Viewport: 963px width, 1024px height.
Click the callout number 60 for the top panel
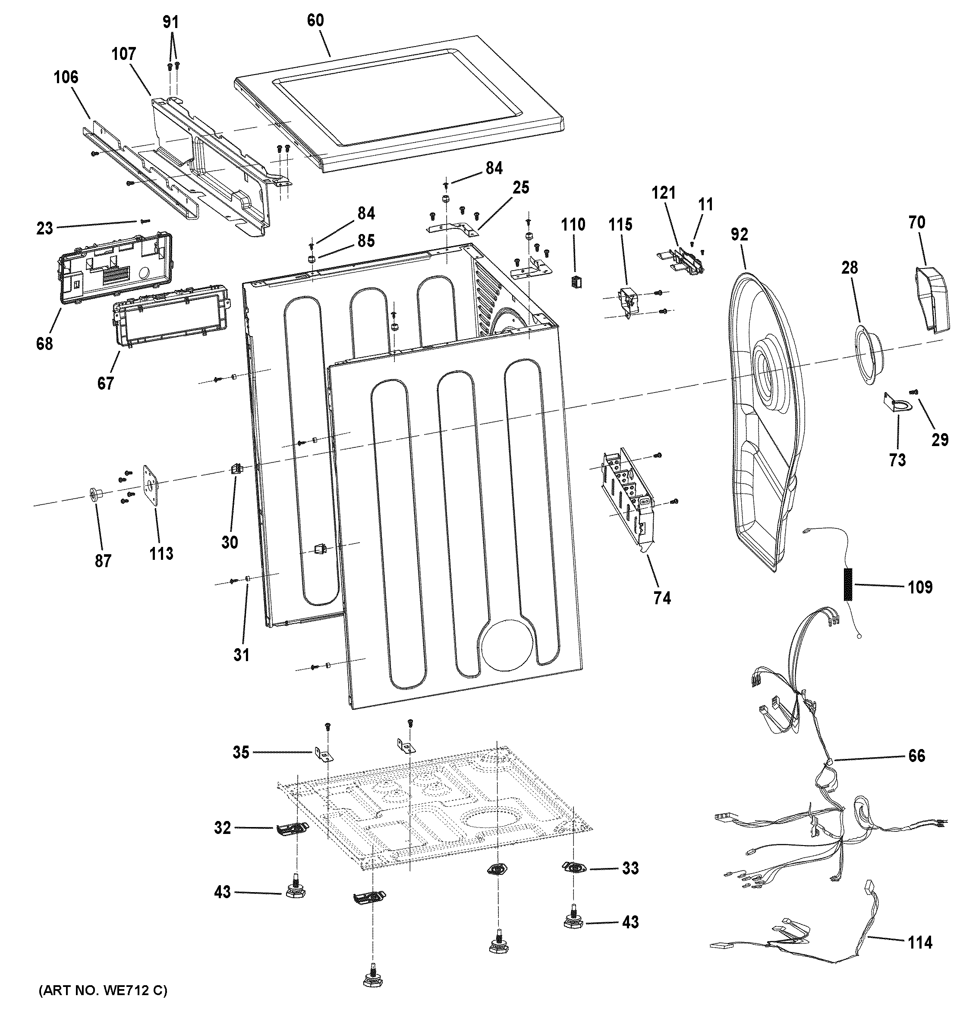pyautogui.click(x=315, y=21)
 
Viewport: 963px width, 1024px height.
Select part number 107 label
pyautogui.click(x=124, y=54)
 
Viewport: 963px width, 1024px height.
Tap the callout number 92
pyautogui.click(x=739, y=234)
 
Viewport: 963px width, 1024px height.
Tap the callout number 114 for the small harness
pyautogui.click(x=920, y=943)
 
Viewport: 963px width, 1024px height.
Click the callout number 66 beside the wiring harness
pyautogui.click(x=916, y=756)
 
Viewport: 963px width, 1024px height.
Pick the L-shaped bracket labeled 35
pyautogui.click(x=324, y=755)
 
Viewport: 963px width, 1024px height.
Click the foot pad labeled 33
pyautogui.click(x=574, y=868)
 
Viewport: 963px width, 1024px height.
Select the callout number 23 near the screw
pyautogui.click(x=44, y=228)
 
